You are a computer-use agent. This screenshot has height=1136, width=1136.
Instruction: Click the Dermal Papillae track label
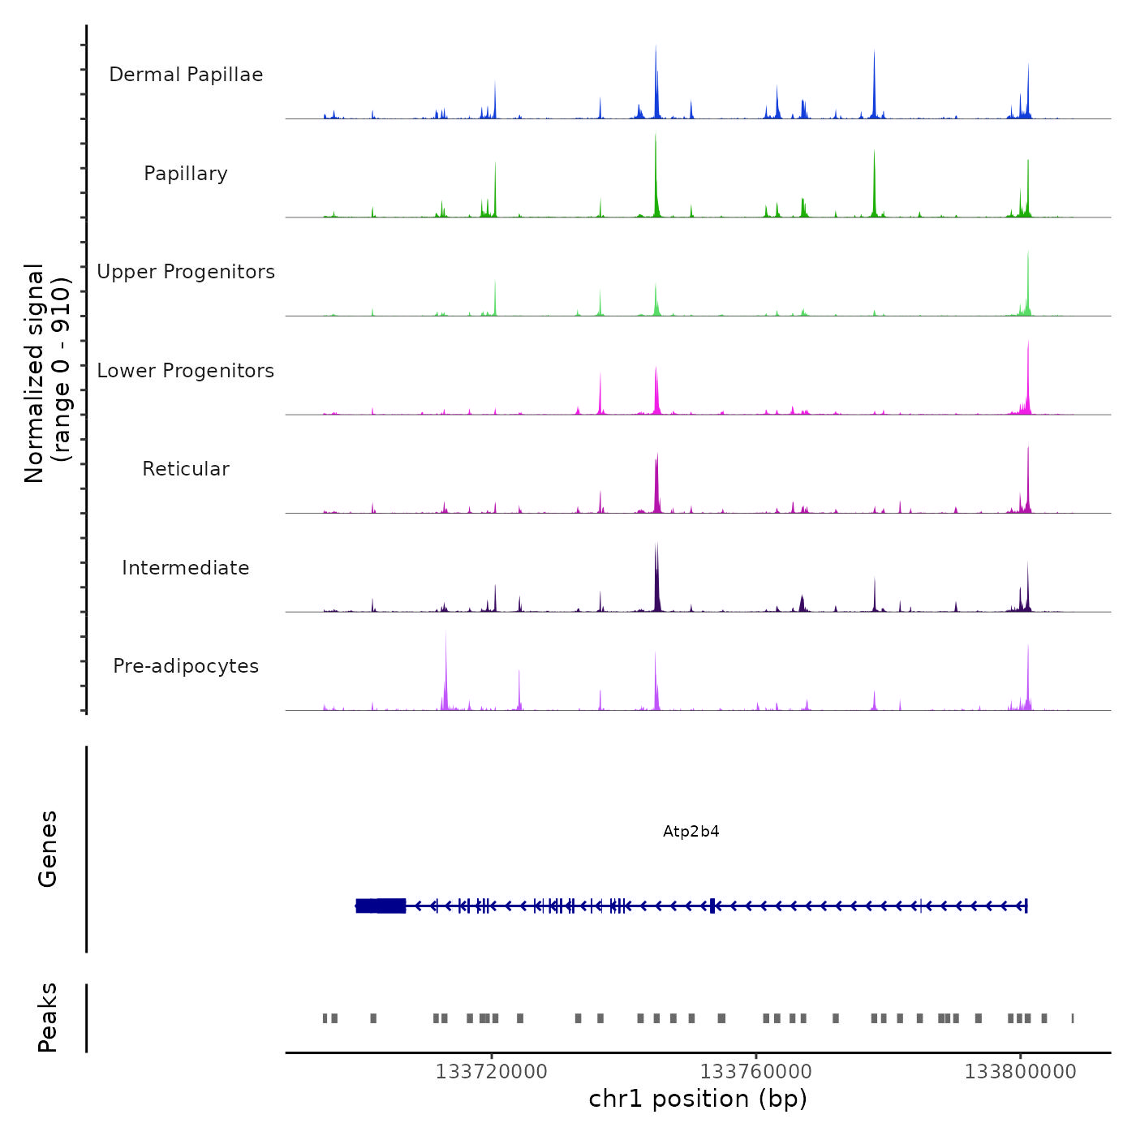(186, 75)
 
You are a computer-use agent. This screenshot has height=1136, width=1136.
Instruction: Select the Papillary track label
(186, 174)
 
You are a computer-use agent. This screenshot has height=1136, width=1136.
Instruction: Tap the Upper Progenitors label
(186, 272)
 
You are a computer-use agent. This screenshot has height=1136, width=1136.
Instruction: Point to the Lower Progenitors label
(186, 371)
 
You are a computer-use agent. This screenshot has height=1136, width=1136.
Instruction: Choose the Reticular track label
(186, 469)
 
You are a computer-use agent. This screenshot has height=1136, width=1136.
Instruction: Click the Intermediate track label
(186, 568)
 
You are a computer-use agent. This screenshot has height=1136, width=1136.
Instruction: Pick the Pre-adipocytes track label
(186, 666)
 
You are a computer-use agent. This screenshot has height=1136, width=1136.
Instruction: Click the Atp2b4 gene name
(691, 832)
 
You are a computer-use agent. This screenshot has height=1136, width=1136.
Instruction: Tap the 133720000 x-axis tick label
(491, 1072)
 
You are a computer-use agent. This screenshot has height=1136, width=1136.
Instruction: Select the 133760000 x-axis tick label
(755, 1072)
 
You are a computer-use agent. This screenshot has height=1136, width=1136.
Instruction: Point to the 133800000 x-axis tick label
(1020, 1072)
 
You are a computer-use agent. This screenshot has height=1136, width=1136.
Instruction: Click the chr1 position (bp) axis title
(698, 1099)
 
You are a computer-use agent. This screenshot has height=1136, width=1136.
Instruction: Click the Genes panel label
(47, 849)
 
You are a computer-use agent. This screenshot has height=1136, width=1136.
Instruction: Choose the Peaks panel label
(47, 1018)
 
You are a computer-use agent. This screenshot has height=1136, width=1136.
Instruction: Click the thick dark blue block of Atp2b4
(381, 906)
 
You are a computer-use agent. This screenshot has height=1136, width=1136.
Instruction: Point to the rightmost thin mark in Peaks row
(1073, 1018)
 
